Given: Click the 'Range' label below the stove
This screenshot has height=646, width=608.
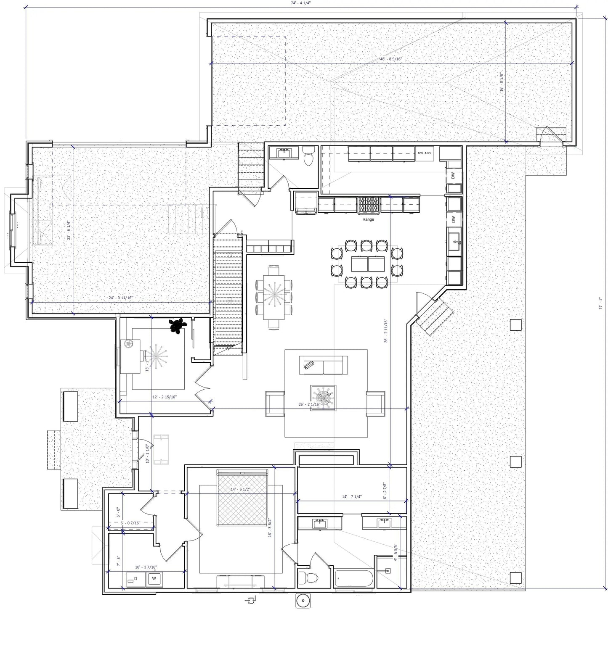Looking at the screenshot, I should pos(368,219).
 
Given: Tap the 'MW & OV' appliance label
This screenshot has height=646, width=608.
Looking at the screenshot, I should pos(425,153).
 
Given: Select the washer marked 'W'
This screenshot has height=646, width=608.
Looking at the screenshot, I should pos(154,578).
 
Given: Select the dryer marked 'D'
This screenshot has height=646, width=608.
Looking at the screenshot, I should pos(135,579).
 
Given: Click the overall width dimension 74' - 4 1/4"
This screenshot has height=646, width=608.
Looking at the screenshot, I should pos(300,3).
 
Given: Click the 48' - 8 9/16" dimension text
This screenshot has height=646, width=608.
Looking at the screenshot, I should pos(391,59).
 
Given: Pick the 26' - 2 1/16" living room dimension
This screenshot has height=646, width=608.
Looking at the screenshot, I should pos(309,405).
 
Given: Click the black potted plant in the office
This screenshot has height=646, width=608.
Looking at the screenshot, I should pos(178,325).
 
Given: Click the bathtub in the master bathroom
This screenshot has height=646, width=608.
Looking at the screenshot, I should pos(354,579).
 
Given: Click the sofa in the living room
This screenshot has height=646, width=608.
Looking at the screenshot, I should pos(323,365).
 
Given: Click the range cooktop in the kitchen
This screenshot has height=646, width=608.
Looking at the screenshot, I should pos(369,205).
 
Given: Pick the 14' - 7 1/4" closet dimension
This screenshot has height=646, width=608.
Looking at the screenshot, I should pos(352,497).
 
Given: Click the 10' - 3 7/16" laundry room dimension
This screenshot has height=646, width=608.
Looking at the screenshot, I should pos(146,567).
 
